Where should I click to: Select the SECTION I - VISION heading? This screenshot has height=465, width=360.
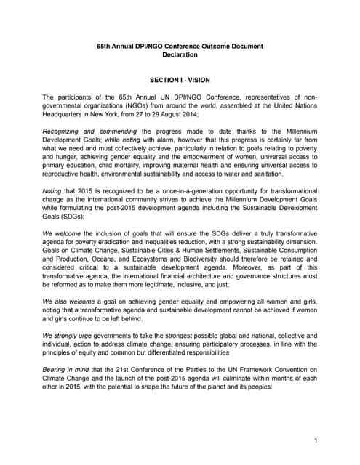tap(180, 84)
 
